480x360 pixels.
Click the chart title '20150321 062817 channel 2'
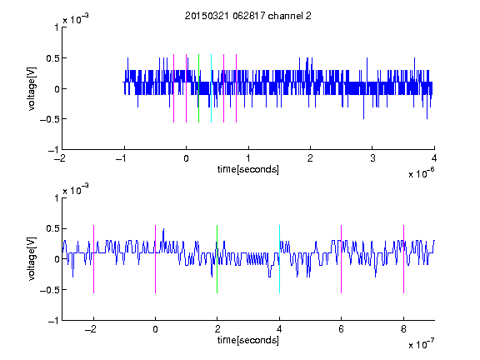248,16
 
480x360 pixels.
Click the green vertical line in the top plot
198,88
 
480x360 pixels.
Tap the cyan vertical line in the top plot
211,88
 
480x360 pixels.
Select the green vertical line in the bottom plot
217,259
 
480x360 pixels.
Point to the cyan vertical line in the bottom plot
279,259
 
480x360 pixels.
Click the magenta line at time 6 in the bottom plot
342,259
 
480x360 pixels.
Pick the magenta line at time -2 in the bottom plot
93,259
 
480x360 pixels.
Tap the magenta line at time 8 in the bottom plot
404,259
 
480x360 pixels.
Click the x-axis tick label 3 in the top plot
372,158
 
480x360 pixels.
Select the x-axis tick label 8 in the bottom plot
403,329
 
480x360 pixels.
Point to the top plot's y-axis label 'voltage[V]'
32,88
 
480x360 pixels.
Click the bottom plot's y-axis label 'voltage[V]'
32,258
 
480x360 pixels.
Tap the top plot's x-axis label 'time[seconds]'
248,169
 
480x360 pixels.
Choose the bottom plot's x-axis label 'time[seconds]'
248,340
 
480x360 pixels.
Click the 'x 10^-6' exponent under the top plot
422,173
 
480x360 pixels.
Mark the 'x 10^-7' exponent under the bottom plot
422,344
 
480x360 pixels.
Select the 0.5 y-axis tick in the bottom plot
52,228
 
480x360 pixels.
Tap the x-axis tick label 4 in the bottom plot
279,329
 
